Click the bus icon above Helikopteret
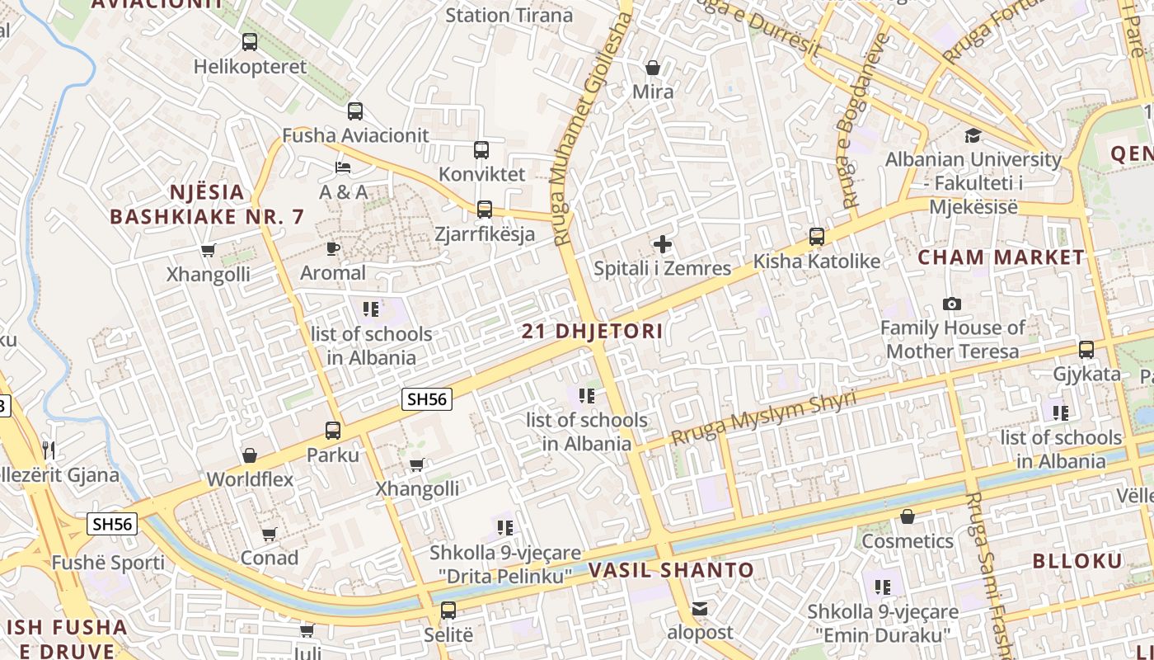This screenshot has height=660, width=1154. [x=249, y=41]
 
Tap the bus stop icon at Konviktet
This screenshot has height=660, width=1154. [x=481, y=150]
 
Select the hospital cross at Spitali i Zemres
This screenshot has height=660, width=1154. [x=662, y=244]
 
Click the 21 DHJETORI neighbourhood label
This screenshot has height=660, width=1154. [x=592, y=332]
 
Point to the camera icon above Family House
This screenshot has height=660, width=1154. [x=952, y=304]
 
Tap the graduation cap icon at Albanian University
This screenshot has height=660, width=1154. [x=973, y=135]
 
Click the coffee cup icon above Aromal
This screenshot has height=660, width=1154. [x=333, y=248]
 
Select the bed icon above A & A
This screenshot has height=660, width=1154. [x=343, y=168]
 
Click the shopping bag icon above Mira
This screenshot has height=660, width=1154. [x=653, y=68]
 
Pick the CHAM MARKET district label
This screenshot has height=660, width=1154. [x=1002, y=257]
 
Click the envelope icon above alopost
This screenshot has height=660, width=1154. [x=700, y=609]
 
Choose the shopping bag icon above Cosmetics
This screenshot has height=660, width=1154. [x=908, y=517]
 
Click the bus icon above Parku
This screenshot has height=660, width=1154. [x=333, y=431]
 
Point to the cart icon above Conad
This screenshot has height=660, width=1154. [x=269, y=535]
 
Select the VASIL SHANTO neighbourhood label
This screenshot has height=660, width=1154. [x=670, y=570]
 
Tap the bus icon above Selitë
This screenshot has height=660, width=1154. [x=448, y=611]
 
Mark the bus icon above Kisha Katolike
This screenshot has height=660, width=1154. [x=816, y=237]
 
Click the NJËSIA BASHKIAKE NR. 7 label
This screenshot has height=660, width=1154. [x=207, y=205]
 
